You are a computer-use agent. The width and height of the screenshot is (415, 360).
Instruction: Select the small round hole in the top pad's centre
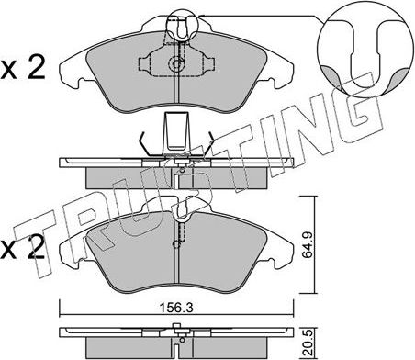click(176, 64)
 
